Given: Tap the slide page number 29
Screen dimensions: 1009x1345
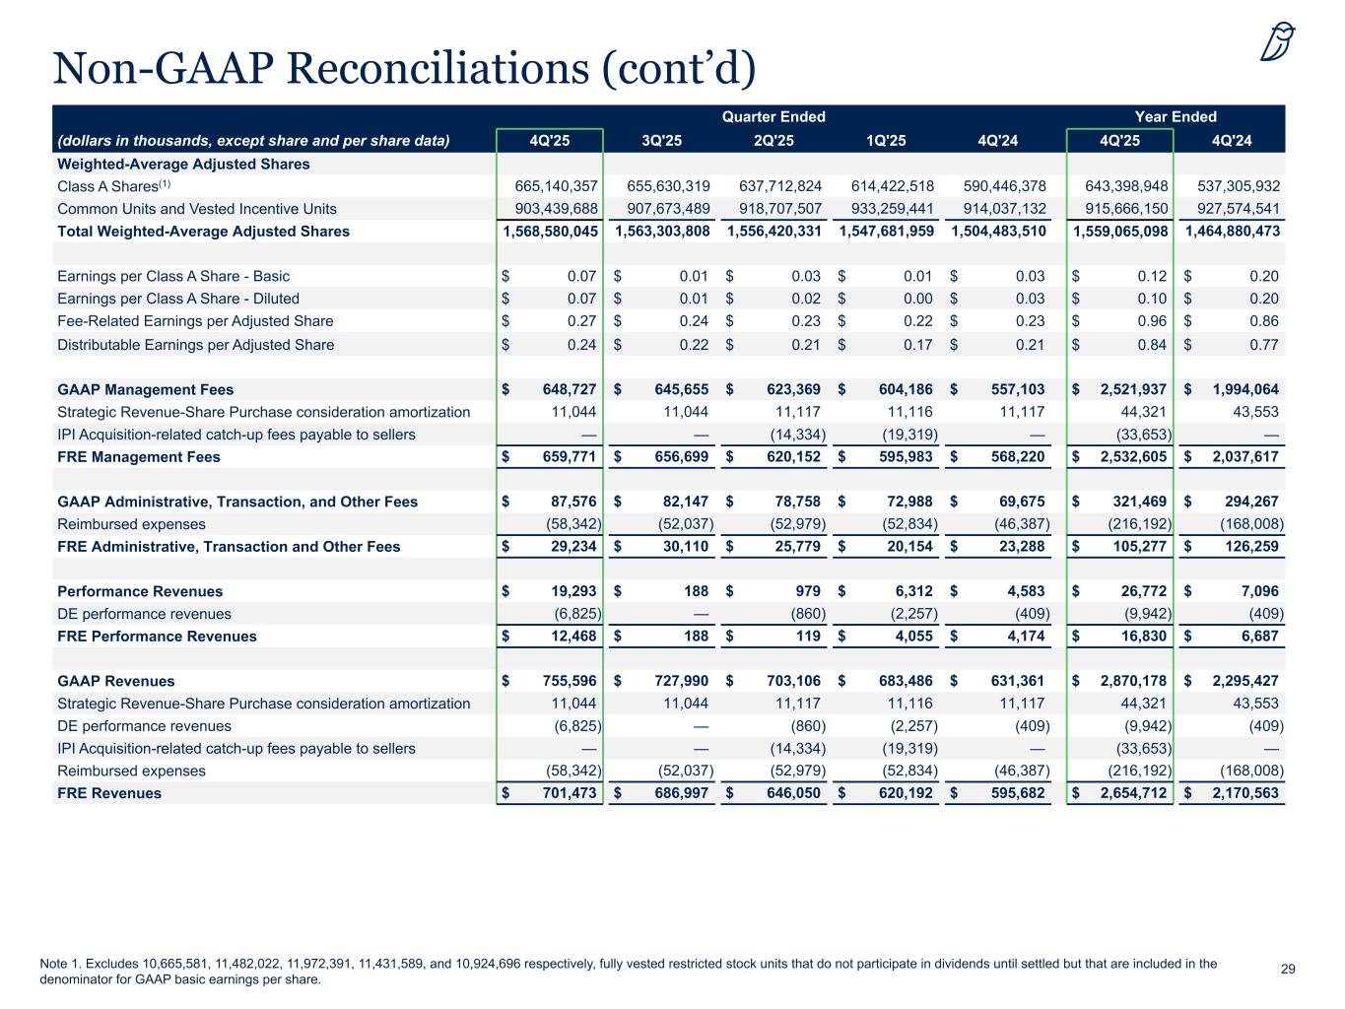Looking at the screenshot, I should point(1288,970).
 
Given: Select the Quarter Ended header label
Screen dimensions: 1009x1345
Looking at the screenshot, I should point(773,117).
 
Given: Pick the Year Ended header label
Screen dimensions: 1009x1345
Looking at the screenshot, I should point(1176,117).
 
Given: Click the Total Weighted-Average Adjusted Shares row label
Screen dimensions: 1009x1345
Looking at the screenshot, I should point(204,232).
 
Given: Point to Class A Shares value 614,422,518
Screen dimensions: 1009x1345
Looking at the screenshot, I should point(887,186).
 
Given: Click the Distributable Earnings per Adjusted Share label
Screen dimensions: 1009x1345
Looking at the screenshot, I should point(195,345).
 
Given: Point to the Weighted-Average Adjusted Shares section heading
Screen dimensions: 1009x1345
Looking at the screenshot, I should point(183,164).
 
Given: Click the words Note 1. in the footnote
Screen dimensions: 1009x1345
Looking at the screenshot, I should point(61,964).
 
